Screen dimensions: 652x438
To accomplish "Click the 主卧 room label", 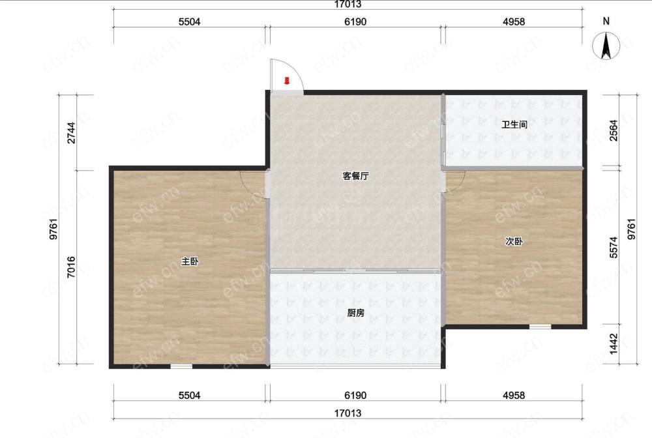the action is click(190, 261).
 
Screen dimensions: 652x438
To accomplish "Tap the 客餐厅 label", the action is click(355, 176).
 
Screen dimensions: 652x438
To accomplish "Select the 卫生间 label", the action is click(514, 124).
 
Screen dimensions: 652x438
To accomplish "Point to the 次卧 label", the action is click(514, 241).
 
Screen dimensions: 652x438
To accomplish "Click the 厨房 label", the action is click(355, 312).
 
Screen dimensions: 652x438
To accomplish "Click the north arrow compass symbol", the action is click(606, 46).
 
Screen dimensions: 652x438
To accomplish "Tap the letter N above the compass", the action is click(606, 21).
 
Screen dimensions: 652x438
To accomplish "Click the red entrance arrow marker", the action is click(286, 81).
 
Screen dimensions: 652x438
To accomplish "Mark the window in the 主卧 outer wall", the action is click(181, 366).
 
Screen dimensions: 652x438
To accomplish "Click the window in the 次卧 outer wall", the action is click(540, 327).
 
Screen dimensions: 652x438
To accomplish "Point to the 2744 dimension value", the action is click(72, 132).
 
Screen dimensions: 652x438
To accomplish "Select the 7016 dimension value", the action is click(71, 267).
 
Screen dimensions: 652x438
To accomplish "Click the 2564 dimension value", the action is click(614, 130).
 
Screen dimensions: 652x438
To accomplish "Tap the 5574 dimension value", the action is click(614, 247).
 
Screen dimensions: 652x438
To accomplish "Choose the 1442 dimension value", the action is click(614, 344).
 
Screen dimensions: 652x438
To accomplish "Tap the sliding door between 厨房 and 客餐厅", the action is click(355, 271).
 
